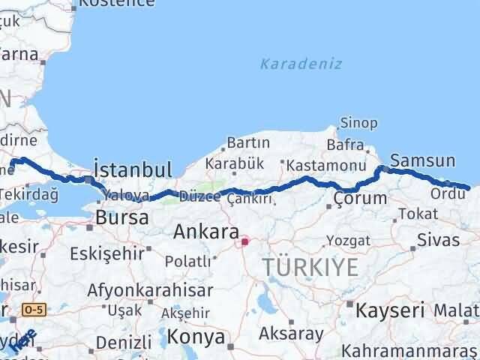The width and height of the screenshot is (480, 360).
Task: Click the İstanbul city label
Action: pos(133,168)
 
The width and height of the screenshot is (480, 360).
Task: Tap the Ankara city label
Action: pos(206,232)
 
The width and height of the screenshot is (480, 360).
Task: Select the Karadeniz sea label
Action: pos(301,64)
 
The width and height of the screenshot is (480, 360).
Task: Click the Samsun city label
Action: pos(423,160)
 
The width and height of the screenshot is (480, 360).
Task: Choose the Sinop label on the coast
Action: pos(354,122)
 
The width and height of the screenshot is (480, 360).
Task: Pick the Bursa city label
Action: pos(116,219)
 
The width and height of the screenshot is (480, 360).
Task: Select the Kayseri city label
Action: pos(390,308)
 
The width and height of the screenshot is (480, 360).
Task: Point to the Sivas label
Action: pos(438,241)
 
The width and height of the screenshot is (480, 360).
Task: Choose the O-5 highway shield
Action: pos(32,308)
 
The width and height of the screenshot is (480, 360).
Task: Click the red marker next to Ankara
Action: pos(244,242)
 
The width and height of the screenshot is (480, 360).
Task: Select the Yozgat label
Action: pos(348,241)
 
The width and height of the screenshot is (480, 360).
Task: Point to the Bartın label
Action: pos(248,142)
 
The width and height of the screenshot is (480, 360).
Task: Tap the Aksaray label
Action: pos(291,333)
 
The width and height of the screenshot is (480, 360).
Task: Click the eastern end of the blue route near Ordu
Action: pos(468,187)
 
